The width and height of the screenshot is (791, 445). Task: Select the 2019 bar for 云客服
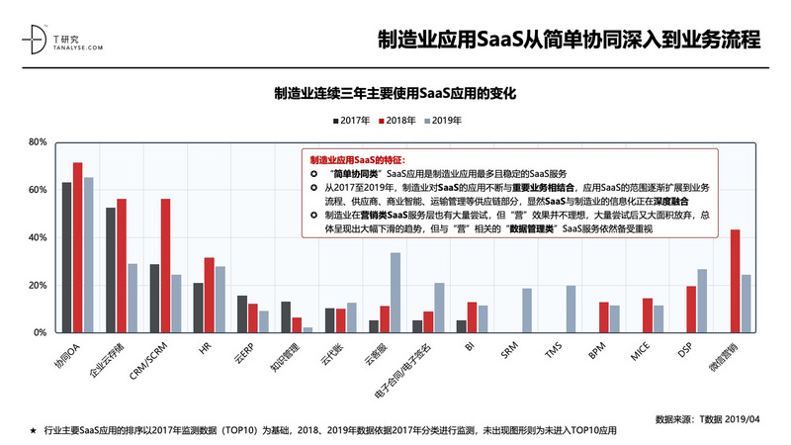pos(395,293)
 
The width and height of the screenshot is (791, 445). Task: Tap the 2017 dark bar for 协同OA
pos(66,257)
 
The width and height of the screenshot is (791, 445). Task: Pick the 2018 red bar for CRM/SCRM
pos(165,266)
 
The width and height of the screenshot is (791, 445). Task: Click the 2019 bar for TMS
pos(571,309)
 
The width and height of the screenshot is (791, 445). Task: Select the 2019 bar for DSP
pos(702,301)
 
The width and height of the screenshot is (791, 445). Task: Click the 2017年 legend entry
pos(350,121)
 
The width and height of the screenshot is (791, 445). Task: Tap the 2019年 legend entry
pos(442,121)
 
